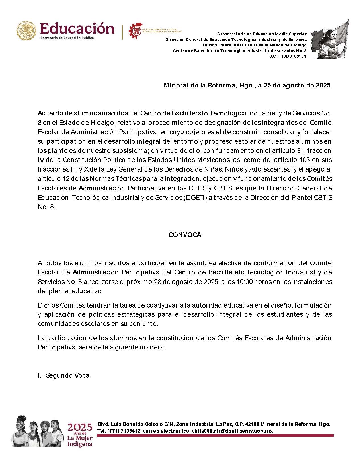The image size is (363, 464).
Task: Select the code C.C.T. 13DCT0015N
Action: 288,56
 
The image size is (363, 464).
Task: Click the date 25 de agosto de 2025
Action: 298,85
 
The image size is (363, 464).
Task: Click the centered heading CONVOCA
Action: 185,235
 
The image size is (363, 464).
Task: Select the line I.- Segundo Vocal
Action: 64,375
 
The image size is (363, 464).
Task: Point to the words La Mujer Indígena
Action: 80,441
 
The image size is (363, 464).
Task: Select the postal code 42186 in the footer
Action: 252,424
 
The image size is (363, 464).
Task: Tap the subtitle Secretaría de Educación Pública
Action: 67,38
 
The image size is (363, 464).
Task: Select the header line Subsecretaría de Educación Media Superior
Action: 262,34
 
